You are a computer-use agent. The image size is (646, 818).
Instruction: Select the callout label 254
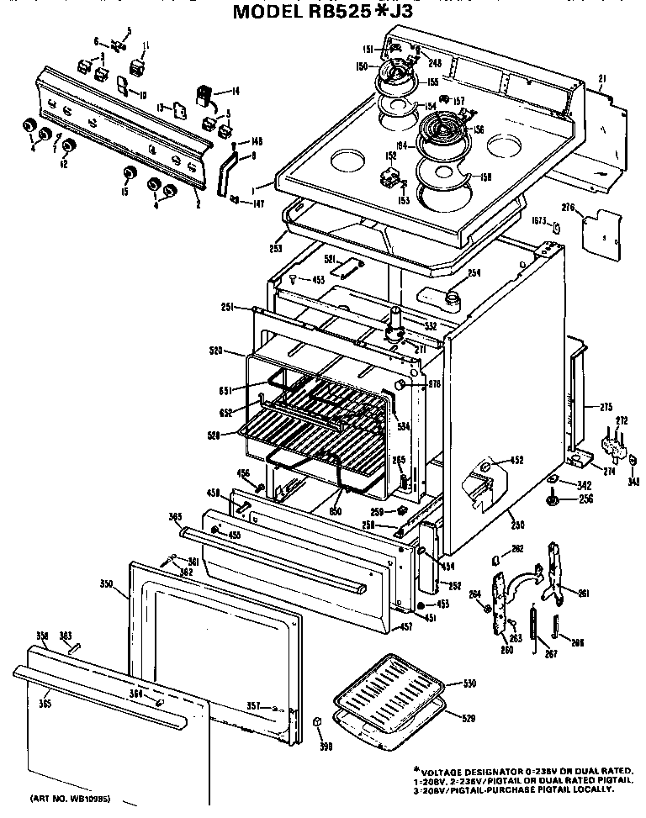click(474, 272)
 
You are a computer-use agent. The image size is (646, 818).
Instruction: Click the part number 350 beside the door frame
click(106, 582)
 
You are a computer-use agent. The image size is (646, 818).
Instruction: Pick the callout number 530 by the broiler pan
click(470, 683)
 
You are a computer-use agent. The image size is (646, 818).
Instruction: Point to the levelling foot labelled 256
click(553, 502)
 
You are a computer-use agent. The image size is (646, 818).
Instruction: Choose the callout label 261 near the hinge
click(583, 593)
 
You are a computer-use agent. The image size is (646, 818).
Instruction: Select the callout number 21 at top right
click(601, 78)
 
